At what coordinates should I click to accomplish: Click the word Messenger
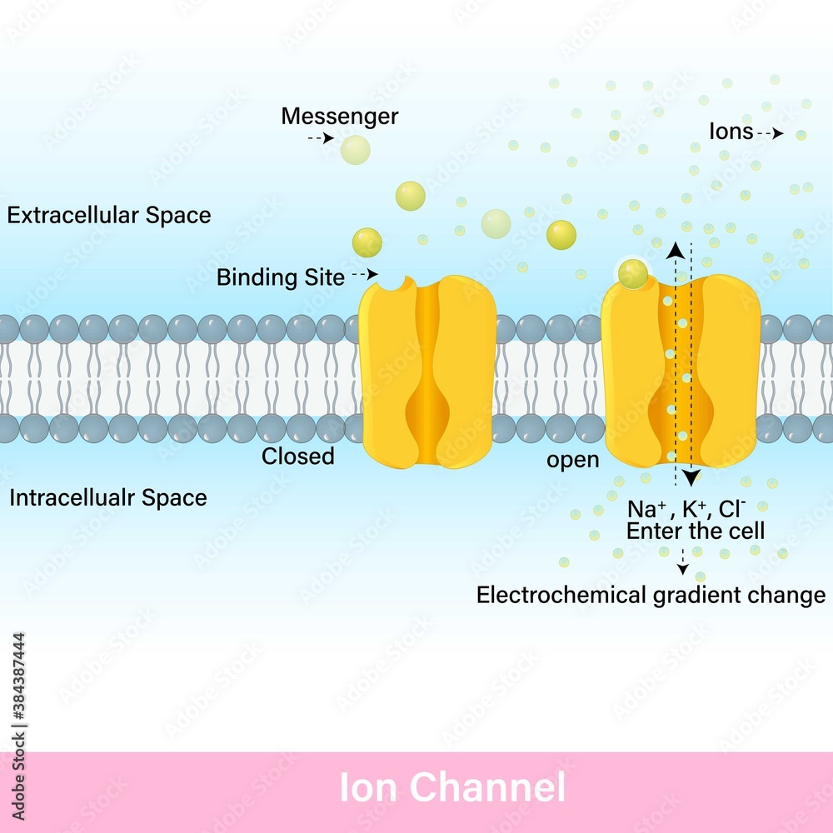tap(339, 116)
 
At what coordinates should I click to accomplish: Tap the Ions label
tap(731, 132)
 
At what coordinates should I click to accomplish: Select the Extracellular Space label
tap(109, 216)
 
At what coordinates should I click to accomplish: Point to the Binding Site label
tap(280, 277)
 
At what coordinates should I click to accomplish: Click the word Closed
tap(298, 456)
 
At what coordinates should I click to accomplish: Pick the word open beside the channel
tap(572, 460)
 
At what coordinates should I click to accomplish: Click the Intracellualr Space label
tap(108, 498)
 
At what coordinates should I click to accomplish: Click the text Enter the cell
tap(696, 531)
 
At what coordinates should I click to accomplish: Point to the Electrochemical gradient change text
tap(651, 595)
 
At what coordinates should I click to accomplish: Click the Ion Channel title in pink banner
tap(452, 787)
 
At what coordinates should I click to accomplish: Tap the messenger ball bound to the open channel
tap(633, 273)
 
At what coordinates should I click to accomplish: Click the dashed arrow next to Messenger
tap(321, 138)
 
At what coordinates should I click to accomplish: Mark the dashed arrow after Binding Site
tap(364, 274)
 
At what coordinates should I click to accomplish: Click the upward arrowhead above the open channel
tap(676, 249)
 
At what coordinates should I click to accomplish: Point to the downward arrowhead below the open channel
tap(691, 478)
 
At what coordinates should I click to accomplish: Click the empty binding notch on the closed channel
tap(388, 283)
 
